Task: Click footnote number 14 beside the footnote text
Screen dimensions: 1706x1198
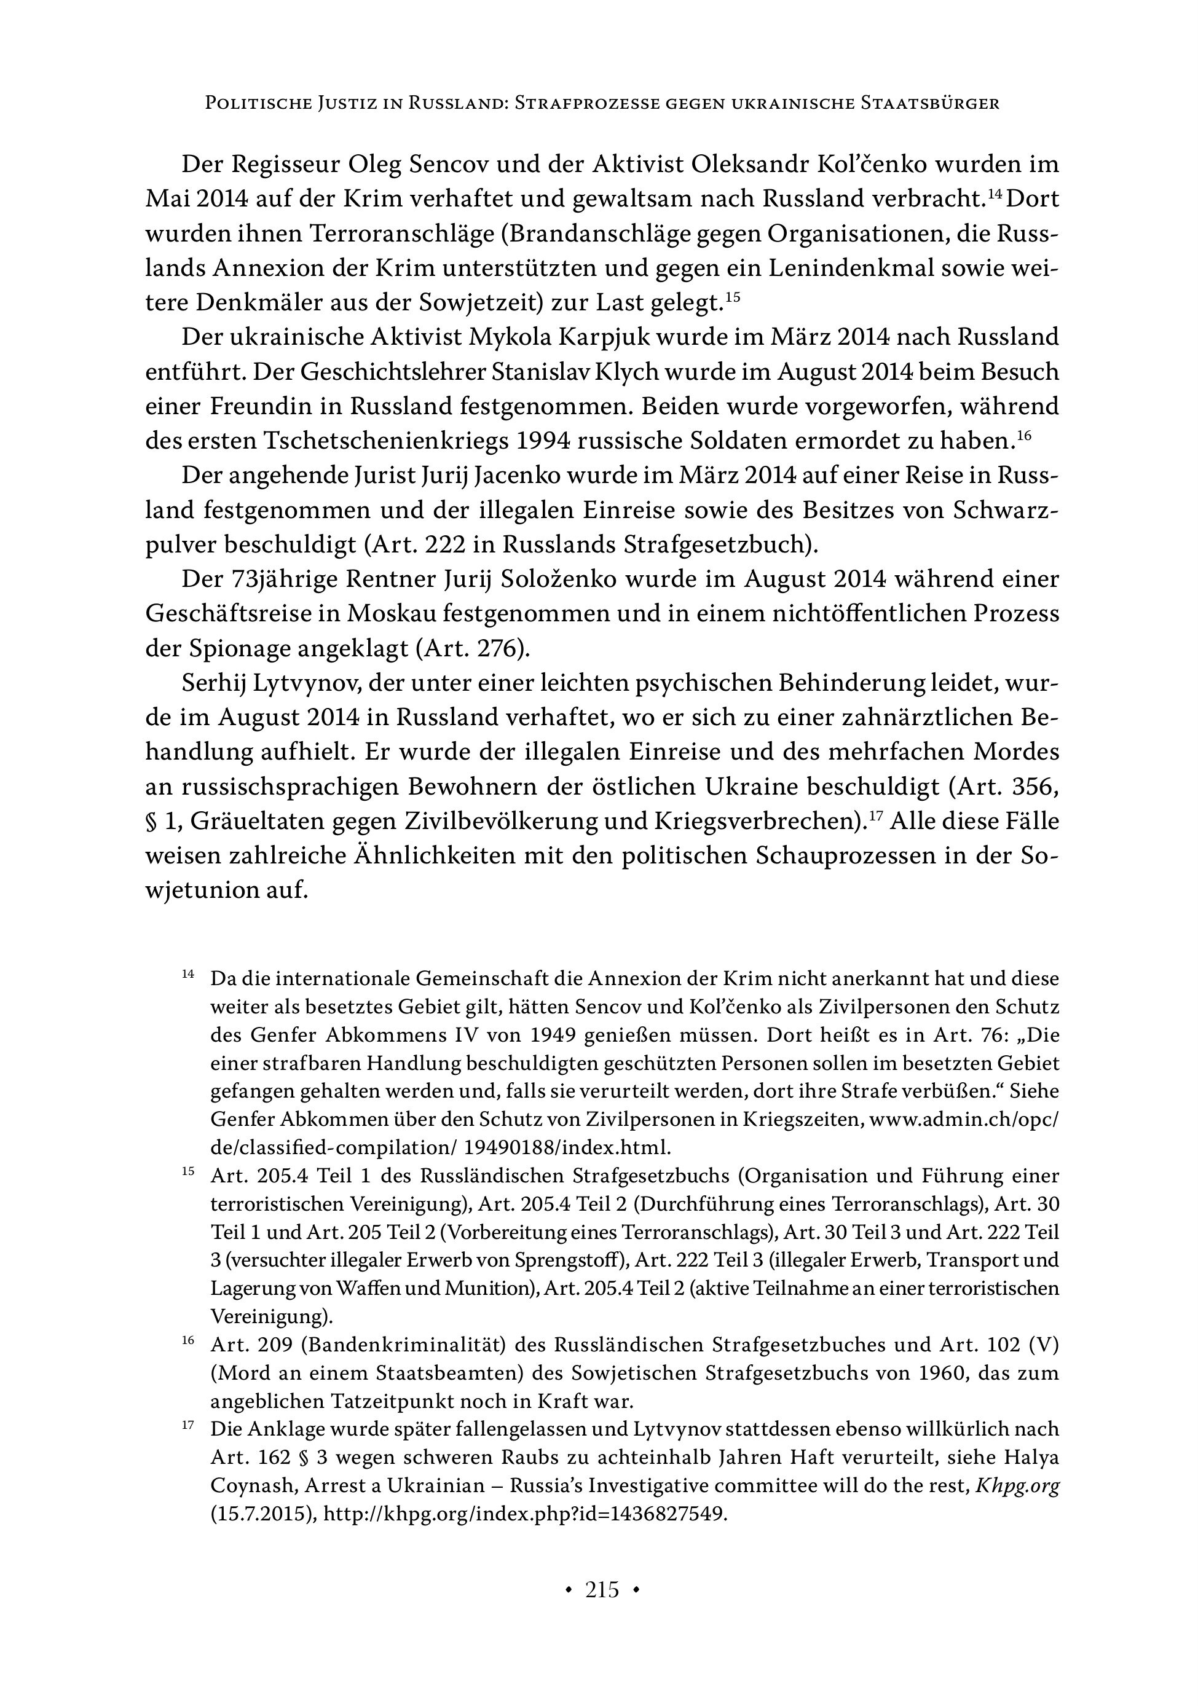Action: (x=188, y=974)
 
